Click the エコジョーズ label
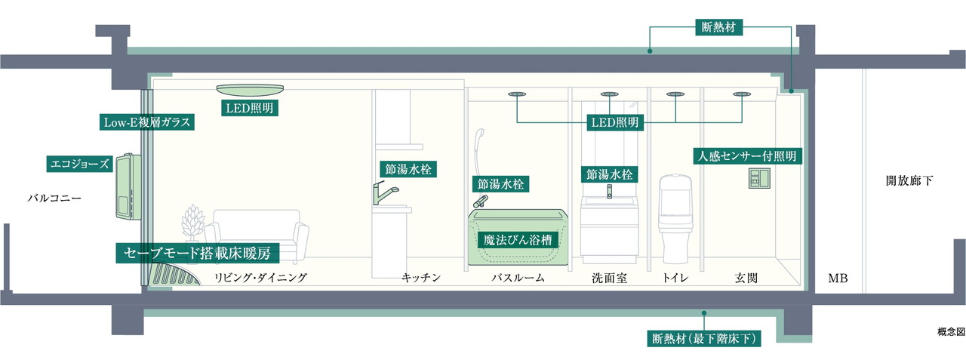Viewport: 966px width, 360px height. click(x=79, y=163)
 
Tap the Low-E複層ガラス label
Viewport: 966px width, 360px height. click(x=148, y=122)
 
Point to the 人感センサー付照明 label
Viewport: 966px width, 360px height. click(x=746, y=156)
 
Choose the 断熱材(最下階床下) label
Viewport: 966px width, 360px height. click(x=703, y=338)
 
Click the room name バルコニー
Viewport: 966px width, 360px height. click(x=54, y=199)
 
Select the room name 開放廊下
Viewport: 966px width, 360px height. click(x=910, y=181)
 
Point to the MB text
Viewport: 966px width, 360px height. click(x=838, y=278)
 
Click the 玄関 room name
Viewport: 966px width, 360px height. click(x=746, y=278)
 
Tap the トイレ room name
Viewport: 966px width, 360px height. click(x=675, y=278)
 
